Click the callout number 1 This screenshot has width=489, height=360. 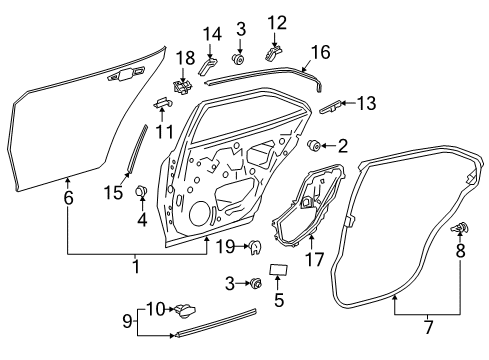coord(137,267)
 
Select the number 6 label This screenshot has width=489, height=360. coord(68,198)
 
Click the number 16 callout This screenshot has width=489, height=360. coord(320,52)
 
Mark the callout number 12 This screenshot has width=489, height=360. coord(277,22)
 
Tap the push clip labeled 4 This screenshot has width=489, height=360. coord(142,192)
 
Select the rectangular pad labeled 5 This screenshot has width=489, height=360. coord(281,268)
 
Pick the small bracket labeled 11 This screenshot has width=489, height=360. coord(160,101)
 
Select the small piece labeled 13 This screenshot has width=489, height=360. coord(335,105)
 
